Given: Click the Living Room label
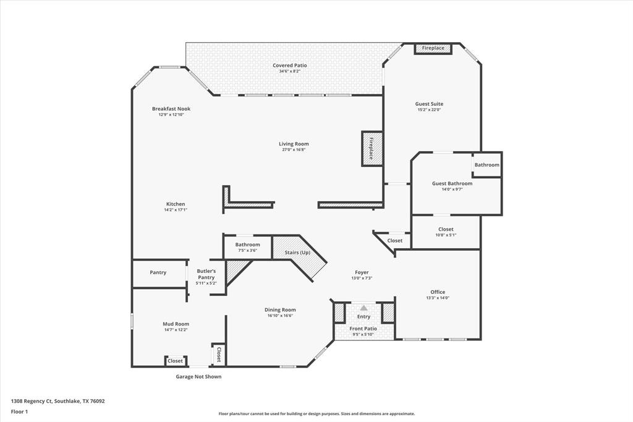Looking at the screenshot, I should (294, 144).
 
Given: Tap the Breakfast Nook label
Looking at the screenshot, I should (171, 109).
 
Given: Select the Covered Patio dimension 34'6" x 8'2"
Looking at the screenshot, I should (289, 71).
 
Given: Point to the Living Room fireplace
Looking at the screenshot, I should (372, 149).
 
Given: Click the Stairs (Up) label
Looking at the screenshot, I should (297, 252).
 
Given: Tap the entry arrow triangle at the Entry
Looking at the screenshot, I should (364, 308).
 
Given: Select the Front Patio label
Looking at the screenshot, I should (363, 329).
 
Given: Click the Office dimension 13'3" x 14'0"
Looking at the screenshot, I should (438, 298).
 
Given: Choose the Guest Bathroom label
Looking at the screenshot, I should (452, 184).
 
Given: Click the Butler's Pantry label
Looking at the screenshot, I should (206, 274).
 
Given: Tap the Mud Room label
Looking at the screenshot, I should (176, 324).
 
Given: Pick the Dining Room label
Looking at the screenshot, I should (280, 310).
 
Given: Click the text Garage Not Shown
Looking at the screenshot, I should (198, 376).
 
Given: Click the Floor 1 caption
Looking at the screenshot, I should (19, 411).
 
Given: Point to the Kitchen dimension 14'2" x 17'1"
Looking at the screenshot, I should (176, 210).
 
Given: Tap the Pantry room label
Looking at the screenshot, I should (158, 272).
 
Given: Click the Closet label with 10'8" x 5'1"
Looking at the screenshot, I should (446, 230).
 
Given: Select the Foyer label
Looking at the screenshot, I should (362, 272).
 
